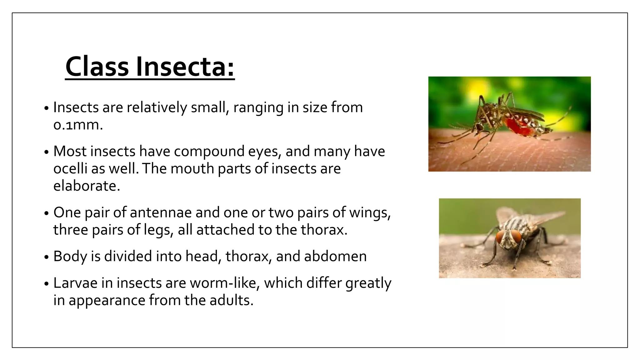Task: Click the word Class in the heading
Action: coord(97,67)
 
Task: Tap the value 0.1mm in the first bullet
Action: coord(78,125)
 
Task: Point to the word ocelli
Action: coord(70,169)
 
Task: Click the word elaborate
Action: coord(86,186)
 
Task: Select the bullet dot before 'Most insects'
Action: coord(47,152)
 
